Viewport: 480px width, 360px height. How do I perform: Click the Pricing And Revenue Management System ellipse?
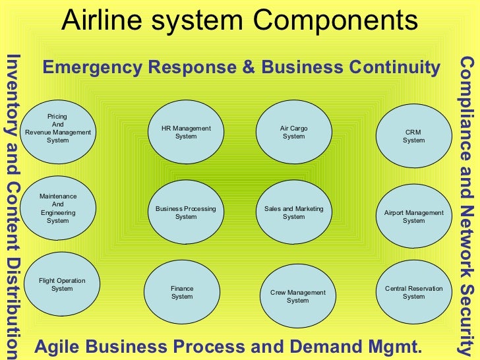tap(58, 129)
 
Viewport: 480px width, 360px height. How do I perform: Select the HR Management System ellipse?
tap(186, 132)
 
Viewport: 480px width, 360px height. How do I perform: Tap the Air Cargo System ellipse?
tap(293, 132)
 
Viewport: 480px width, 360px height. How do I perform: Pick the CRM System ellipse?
tap(413, 136)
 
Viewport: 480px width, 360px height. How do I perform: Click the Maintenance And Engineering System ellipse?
tap(58, 208)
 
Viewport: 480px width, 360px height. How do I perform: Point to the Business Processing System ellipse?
tap(186, 212)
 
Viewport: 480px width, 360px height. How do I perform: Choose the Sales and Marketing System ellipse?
tap(293, 212)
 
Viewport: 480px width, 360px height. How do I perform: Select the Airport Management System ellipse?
tap(413, 216)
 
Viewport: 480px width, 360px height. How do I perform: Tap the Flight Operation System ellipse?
tap(62, 284)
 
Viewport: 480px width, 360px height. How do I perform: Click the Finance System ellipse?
tap(182, 292)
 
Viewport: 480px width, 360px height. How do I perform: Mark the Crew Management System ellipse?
tap(297, 296)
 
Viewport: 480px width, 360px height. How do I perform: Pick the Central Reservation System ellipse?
tap(413, 292)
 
